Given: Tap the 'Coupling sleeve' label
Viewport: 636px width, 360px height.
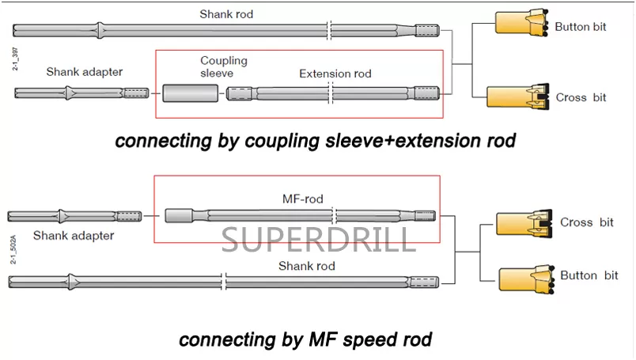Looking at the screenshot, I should point(223,66).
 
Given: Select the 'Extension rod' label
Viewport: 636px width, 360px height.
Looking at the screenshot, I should point(335,74).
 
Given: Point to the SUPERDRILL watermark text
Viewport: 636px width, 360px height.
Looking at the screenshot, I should point(318,238).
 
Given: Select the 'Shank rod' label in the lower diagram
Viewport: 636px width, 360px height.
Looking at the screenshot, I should point(306,266).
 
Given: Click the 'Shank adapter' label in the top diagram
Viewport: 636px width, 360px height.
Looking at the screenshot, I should point(85,72).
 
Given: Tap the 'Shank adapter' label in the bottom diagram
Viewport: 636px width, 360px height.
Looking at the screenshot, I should point(74,235).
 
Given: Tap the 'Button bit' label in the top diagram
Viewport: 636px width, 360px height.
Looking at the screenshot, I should point(581,26).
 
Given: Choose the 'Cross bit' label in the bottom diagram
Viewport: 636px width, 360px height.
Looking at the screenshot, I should point(586,222).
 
